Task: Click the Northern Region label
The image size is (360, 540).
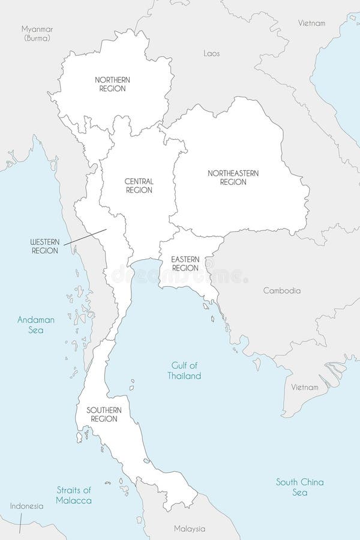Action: pos(113,84)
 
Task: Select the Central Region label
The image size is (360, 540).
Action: pos(139,185)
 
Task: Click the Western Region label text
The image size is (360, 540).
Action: pos(46,246)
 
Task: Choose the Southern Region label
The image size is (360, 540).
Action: pos(104,414)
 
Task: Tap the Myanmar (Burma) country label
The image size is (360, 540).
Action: pos(37,33)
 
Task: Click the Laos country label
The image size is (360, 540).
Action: pos(212,53)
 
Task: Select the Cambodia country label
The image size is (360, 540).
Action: pos(282,290)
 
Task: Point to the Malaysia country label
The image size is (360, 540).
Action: pos(189,529)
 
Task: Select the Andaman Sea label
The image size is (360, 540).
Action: pos(36,325)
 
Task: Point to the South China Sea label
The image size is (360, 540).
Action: pos(300,487)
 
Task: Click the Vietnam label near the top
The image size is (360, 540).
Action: pos(312,23)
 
